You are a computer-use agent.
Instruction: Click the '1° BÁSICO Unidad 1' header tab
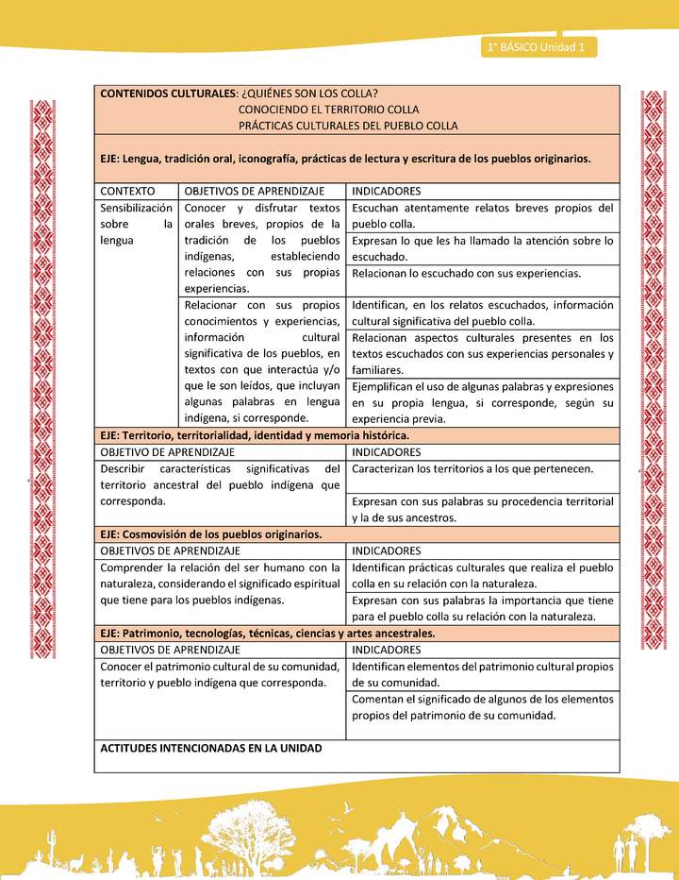pos(538,47)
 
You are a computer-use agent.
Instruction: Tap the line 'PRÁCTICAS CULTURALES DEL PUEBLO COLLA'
pos(347,126)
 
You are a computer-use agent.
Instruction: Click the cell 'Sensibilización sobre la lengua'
pos(136,224)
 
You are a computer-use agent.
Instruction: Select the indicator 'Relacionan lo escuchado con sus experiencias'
pos(479,273)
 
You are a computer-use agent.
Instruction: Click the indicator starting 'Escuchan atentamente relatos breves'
pos(482,215)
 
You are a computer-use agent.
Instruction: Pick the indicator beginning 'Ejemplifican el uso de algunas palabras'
pos(482,402)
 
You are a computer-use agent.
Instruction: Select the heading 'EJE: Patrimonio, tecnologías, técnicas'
pos(268,633)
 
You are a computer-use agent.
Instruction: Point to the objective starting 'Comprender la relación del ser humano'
pos(220,584)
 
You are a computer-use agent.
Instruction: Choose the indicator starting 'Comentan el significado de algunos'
pos(482,707)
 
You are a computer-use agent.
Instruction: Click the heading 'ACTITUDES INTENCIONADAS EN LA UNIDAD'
pos(211,748)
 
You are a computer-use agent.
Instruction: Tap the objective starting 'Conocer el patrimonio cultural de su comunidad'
pos(220,674)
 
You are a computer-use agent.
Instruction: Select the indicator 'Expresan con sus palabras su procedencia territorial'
pos(482,509)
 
